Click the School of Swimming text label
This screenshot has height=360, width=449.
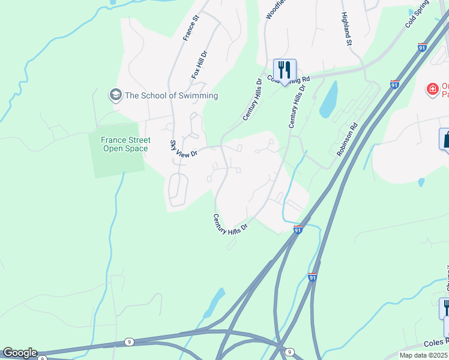pyautogui.click(x=171, y=95)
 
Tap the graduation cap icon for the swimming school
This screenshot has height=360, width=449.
pyautogui.click(x=115, y=95)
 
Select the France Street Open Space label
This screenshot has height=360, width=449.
pyautogui.click(x=125, y=144)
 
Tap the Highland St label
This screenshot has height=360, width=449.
pyautogui.click(x=346, y=28)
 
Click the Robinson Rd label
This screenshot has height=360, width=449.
pyautogui.click(x=347, y=140)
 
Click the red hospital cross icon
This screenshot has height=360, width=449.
pyautogui.click(x=432, y=89)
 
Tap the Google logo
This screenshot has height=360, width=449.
pyautogui.click(x=19, y=353)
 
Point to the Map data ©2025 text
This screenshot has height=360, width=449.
pyautogui.click(x=424, y=355)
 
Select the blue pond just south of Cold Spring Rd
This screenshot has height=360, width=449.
pyautogui.click(x=328, y=100)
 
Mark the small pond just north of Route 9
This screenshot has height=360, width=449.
pyautogui.click(x=214, y=303)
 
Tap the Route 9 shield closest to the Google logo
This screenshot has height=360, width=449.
pyautogui.click(x=129, y=341)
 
